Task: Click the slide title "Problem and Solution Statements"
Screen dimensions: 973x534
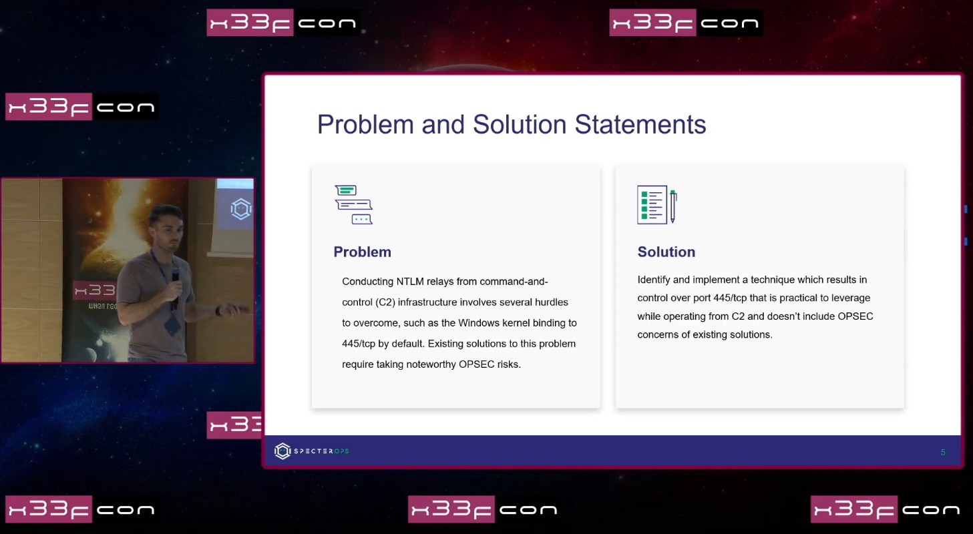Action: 512,125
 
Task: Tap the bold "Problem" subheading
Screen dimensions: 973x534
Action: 362,252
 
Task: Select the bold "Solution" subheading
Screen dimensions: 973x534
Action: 666,252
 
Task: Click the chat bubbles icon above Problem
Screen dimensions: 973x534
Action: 353,204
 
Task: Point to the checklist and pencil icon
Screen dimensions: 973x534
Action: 656,204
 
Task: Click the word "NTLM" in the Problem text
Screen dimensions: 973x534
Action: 409,282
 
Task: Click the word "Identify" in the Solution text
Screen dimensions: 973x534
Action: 654,280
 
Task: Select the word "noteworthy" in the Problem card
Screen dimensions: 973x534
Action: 431,364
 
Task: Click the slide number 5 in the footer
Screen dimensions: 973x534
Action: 943,453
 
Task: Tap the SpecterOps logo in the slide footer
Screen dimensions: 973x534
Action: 312,451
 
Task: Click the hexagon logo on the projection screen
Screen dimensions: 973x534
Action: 241,209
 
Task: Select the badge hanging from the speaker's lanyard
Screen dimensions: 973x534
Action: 172,324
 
